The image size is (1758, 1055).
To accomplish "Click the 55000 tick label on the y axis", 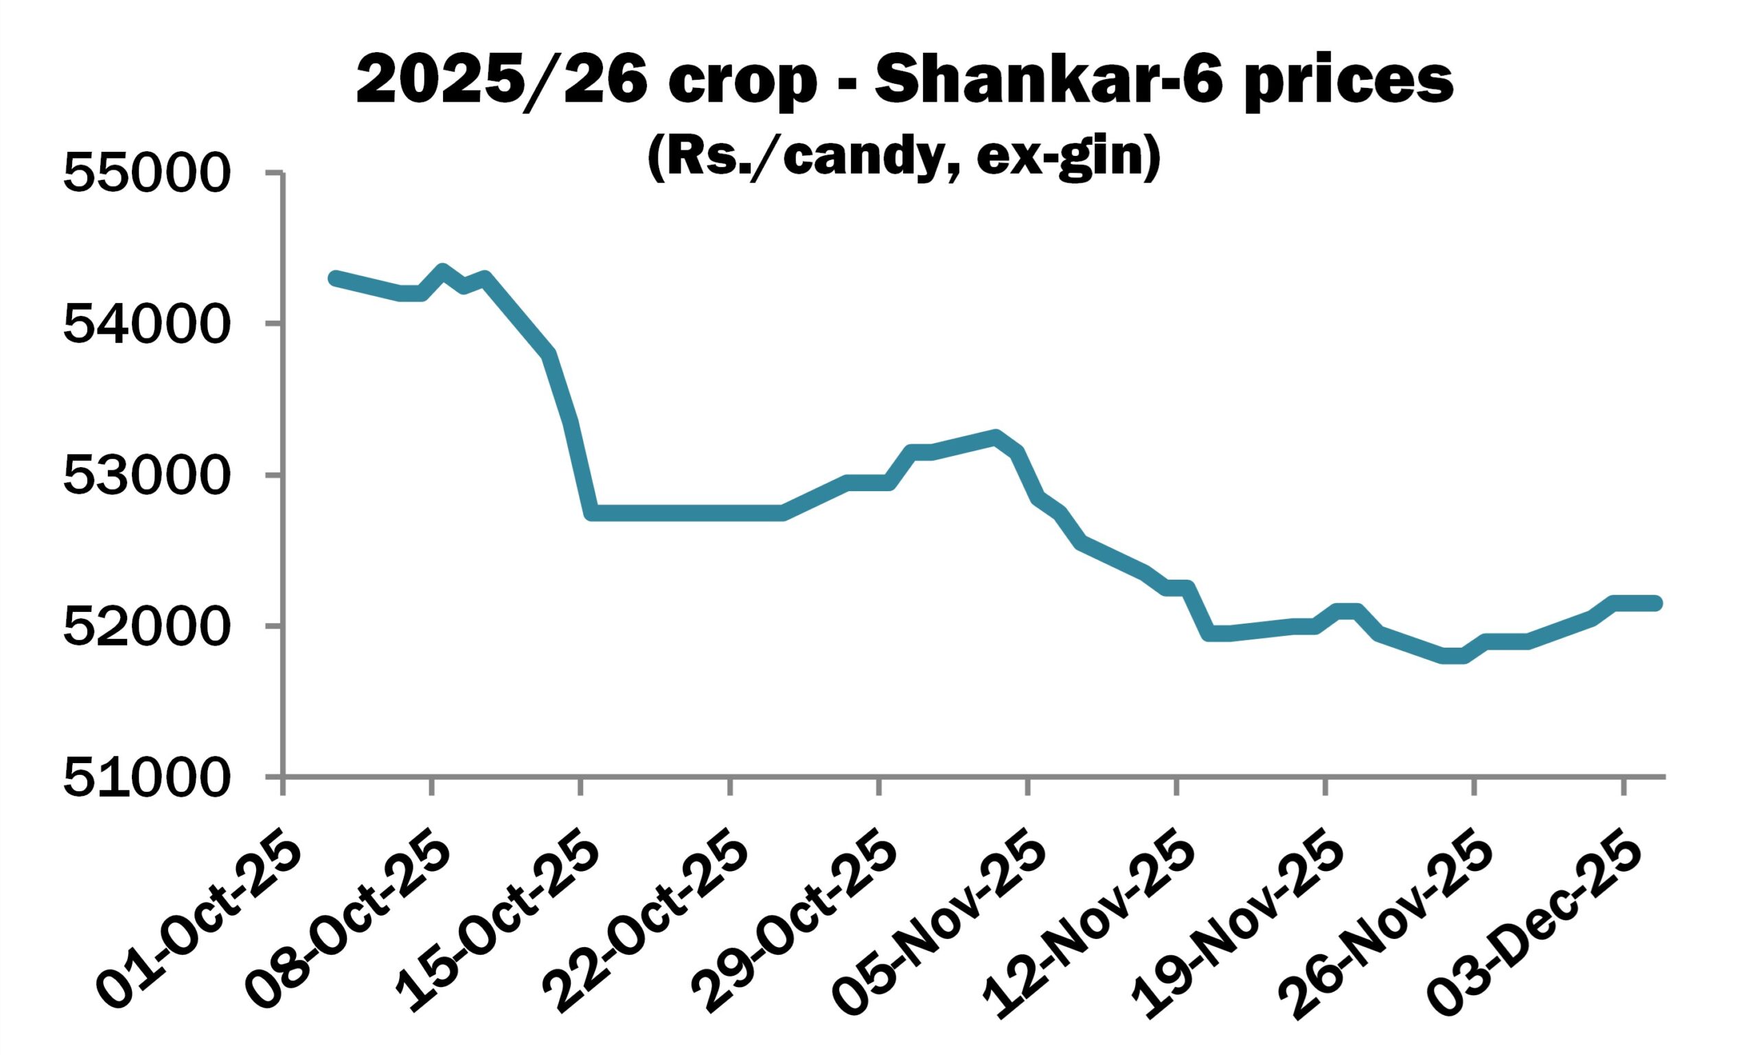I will coord(146,174).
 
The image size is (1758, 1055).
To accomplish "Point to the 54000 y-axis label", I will coord(146,324).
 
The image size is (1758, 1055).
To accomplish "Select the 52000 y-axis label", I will coord(146,626).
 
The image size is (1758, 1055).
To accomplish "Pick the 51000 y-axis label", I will coord(146,777).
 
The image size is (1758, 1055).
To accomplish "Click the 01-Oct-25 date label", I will coord(199,924).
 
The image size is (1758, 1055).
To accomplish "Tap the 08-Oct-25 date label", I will coord(348,924).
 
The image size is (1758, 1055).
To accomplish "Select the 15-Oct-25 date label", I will coord(497,924).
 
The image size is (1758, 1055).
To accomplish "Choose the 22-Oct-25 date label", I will coord(647,924).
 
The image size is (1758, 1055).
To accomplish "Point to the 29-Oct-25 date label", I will coord(796,924).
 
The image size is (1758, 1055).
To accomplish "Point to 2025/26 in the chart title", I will coord(501,82).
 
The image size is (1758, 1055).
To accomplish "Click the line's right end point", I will coord(1656,603).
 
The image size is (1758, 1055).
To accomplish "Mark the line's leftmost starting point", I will coord(334,278).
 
